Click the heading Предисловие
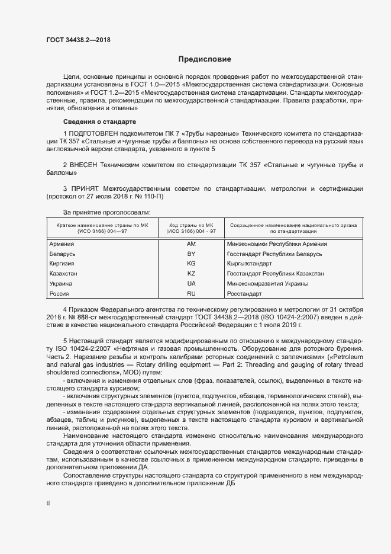205,59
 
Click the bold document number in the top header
78,40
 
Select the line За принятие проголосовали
106,212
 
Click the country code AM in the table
191,244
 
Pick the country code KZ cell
191,274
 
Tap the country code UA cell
191,284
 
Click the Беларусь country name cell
62,254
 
